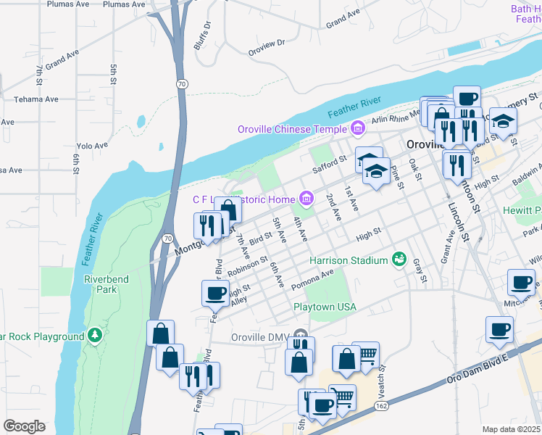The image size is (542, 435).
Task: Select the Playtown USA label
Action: [x=325, y=307]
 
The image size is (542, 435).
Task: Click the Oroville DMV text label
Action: [x=259, y=336]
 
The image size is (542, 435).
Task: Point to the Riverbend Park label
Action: [x=101, y=283]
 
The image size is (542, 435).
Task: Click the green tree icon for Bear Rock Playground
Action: [x=94, y=336]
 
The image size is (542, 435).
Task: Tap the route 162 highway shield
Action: [x=382, y=407]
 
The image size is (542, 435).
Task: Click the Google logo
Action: [x=24, y=426]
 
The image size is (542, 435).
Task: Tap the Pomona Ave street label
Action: [x=312, y=279]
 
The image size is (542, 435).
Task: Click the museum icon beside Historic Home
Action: [x=306, y=199]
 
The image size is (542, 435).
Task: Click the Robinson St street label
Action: [x=248, y=267]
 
